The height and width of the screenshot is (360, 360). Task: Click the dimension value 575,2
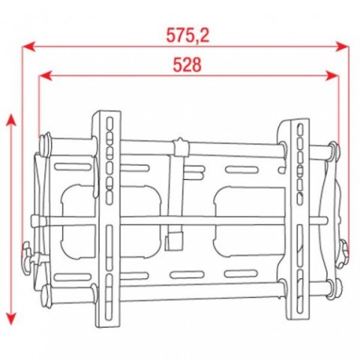(x=188, y=35)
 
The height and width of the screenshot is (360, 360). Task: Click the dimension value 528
(x=187, y=66)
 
